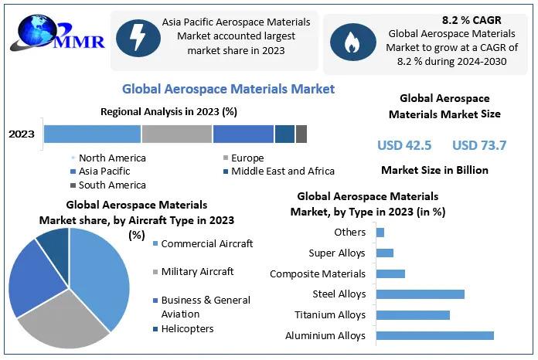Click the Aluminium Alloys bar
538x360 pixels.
434,335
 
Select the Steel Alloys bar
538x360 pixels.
420,294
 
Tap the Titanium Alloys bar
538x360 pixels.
413,314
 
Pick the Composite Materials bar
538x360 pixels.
390,273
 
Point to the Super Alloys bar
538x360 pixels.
384,253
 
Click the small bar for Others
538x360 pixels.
380,232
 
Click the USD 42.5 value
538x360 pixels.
404,144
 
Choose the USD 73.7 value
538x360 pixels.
479,144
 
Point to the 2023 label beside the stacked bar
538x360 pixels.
22,134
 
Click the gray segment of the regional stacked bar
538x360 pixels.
176,134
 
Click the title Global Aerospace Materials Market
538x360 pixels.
228,89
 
